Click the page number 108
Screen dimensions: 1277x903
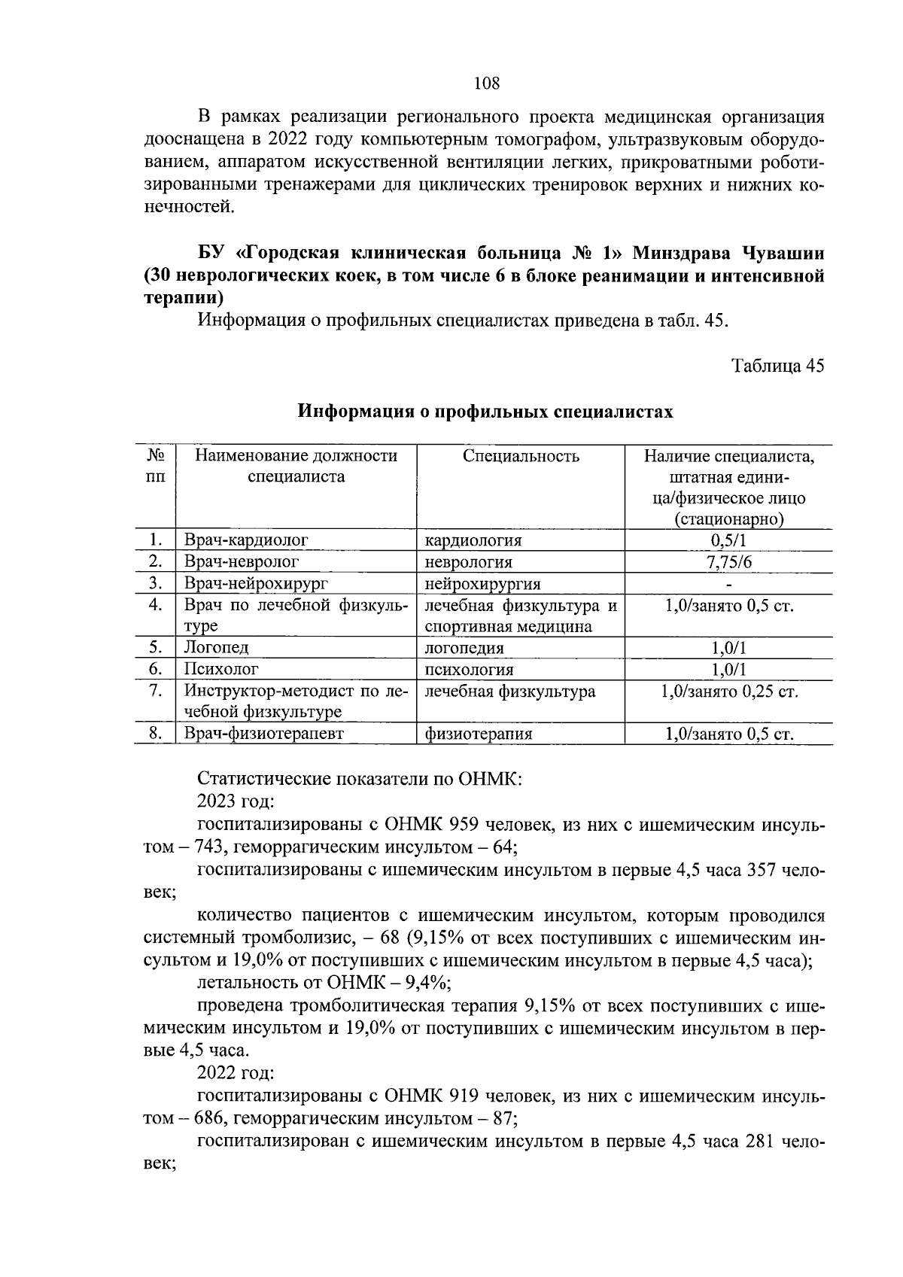[487, 84]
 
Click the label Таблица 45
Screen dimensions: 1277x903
[777, 366]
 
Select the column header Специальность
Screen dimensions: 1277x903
[521, 456]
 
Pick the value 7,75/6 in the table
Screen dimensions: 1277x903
[728, 562]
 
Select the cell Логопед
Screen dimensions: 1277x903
[216, 648]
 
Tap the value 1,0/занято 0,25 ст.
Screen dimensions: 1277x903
[728, 692]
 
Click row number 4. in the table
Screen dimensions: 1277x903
[156, 605]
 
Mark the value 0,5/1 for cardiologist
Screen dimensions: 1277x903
[728, 540]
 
